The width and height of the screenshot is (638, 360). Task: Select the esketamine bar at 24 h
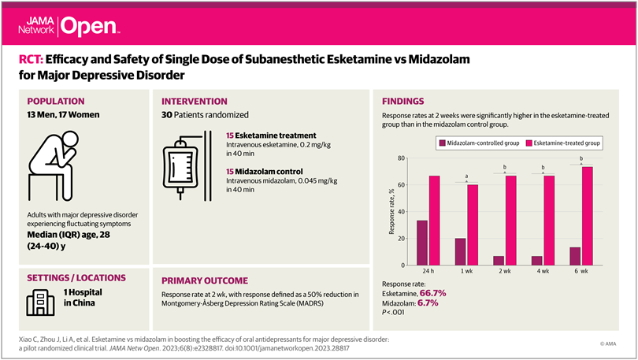434,221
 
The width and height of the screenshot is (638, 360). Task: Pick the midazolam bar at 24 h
422,243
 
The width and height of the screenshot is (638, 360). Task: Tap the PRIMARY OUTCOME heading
204,280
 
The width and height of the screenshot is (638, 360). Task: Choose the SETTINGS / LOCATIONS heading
76,277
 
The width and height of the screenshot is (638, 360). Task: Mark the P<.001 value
394,311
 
